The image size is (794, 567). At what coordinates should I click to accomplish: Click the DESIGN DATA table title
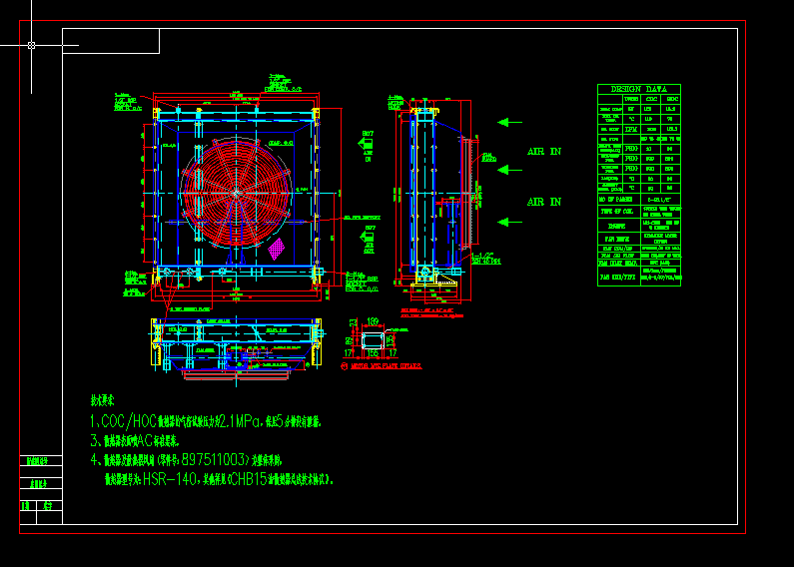click(638, 89)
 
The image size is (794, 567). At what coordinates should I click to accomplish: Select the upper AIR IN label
click(544, 152)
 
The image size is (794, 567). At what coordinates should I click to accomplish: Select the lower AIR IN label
click(544, 202)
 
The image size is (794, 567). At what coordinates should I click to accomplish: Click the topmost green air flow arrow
click(510, 123)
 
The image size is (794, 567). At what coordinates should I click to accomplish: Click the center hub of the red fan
click(237, 192)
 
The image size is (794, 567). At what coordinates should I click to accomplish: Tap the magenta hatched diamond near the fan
click(277, 248)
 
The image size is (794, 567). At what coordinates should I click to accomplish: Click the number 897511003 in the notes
click(215, 460)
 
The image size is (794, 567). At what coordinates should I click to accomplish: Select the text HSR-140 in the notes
click(171, 479)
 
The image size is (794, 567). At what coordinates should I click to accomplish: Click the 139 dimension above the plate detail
click(373, 321)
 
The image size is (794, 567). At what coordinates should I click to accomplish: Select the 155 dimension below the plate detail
click(373, 352)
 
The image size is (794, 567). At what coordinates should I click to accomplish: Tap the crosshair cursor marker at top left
click(32, 45)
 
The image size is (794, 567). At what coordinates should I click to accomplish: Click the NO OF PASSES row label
click(616, 201)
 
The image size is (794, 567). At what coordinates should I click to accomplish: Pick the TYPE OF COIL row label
click(616, 212)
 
